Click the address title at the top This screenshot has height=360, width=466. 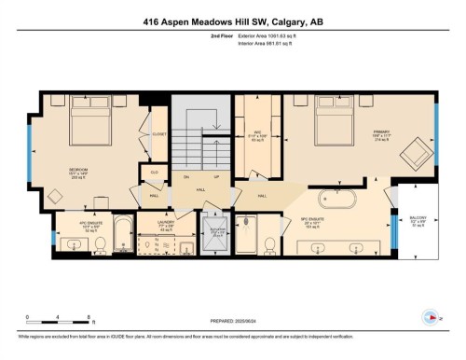(233, 22)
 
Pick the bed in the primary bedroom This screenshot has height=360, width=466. (332, 121)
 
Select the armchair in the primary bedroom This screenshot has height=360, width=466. (416, 152)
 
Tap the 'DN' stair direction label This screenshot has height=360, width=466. (186, 177)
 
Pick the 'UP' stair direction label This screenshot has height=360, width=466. (217, 177)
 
